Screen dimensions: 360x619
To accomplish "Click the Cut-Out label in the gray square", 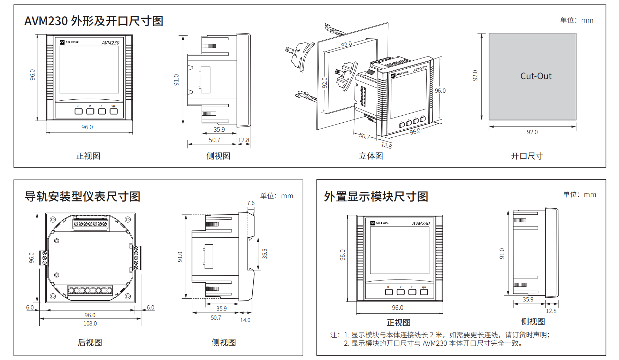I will pyautogui.click(x=536, y=76).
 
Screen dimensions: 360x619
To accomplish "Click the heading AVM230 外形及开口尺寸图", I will pyautogui.click(x=94, y=21).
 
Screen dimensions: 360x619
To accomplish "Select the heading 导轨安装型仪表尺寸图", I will pyautogui.click(x=82, y=197).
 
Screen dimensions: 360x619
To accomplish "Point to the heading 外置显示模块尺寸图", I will pyautogui.click(x=376, y=197).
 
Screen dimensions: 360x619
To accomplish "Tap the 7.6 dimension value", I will pyautogui.click(x=251, y=203).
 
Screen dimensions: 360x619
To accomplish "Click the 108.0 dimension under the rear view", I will pyautogui.click(x=90, y=323).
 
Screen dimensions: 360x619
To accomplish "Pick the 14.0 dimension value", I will pyautogui.click(x=245, y=320).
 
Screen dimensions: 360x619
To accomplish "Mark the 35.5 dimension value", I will pyautogui.click(x=265, y=253).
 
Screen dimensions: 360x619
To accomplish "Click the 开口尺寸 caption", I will pyautogui.click(x=527, y=156).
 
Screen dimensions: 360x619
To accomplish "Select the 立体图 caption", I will pyautogui.click(x=371, y=156).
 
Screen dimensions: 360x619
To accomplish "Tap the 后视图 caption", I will pyautogui.click(x=90, y=342).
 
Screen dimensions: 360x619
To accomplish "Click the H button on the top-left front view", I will pyautogui.click(x=78, y=111).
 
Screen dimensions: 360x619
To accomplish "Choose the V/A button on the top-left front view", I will pyautogui.click(x=114, y=111).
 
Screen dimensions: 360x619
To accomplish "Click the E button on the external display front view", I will pyautogui.click(x=412, y=292).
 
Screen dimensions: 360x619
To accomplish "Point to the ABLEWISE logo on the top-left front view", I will pyautogui.click(x=69, y=42).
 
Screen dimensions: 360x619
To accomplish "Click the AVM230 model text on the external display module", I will pyautogui.click(x=421, y=223).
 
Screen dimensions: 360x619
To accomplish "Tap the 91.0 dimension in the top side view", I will pyautogui.click(x=176, y=80).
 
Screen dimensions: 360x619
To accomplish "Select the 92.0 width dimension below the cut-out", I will pyautogui.click(x=532, y=132).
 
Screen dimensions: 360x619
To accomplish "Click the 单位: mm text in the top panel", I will pyautogui.click(x=576, y=20).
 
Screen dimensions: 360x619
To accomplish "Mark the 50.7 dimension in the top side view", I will pyautogui.click(x=214, y=140).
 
